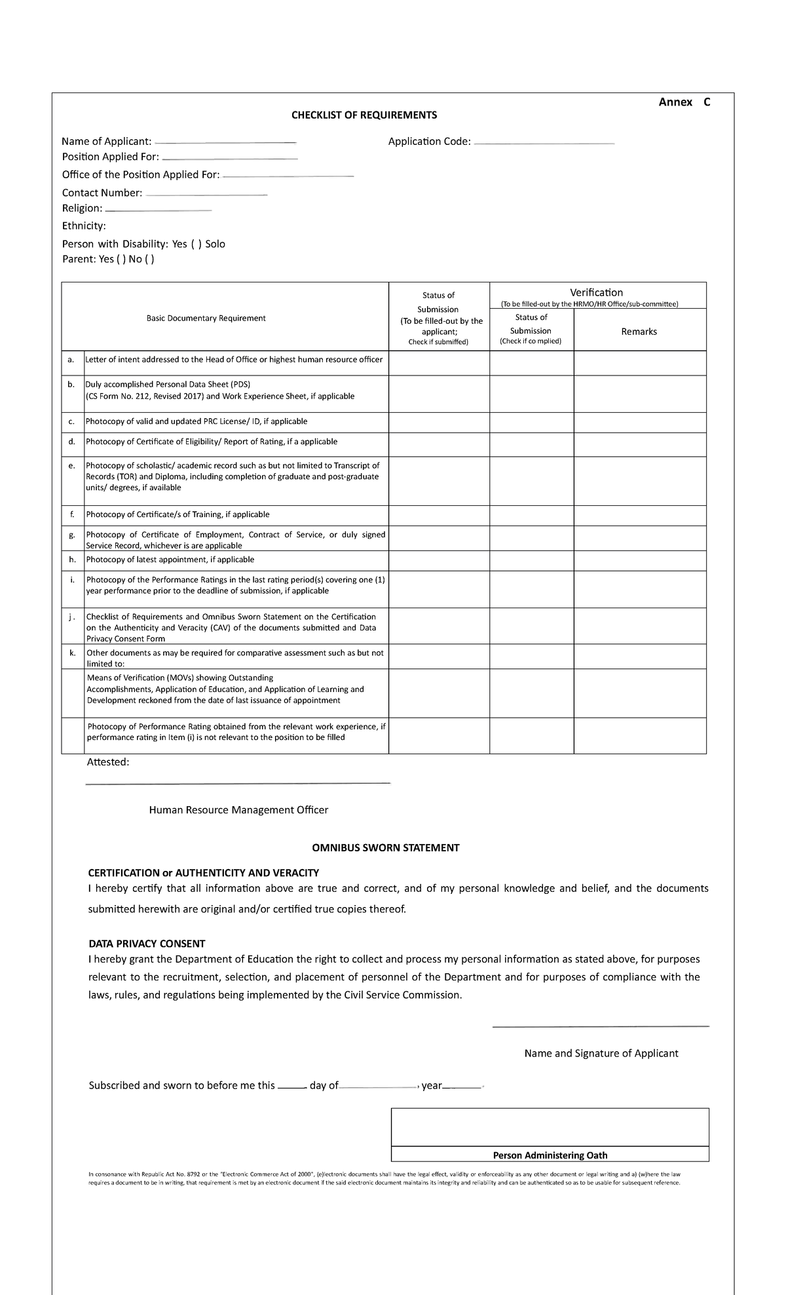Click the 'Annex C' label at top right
[x=684, y=102]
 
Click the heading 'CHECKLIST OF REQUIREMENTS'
[x=364, y=115]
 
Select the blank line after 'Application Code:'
[x=544, y=142]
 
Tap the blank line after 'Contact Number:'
[x=206, y=194]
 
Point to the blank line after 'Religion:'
[x=158, y=210]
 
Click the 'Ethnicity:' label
[x=83, y=226]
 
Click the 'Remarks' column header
[x=639, y=332]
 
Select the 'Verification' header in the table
[x=596, y=292]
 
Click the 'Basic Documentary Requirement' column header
[x=206, y=319]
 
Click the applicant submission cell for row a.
[x=438, y=362]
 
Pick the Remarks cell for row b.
[x=639, y=393]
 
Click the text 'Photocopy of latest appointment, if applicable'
[x=170, y=560]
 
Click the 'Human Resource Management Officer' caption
[x=238, y=810]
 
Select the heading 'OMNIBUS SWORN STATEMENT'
[x=385, y=848]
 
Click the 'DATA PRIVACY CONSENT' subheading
[x=147, y=944]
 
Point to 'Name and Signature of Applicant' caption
[x=601, y=1053]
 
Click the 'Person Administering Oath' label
[x=550, y=1155]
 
